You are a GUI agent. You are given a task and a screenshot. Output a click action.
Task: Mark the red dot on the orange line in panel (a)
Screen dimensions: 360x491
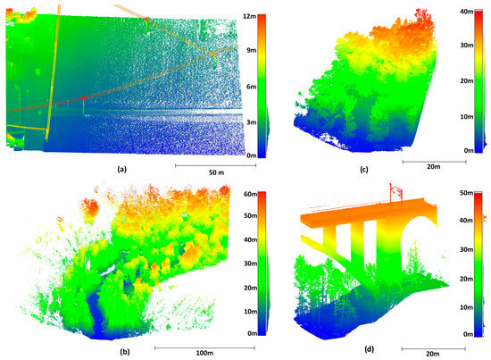pyautogui.click(x=83, y=97)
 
